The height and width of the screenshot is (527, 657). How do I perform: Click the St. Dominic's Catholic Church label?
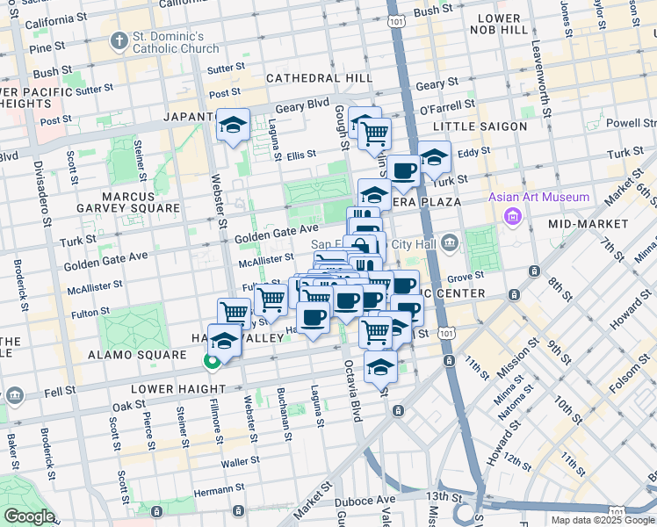180,42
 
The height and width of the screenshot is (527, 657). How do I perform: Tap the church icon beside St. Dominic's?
119,41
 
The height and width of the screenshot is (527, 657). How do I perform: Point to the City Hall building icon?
450,242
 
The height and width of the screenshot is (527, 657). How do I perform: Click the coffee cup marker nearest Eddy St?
404,170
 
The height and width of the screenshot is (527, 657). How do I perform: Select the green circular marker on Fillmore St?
212,361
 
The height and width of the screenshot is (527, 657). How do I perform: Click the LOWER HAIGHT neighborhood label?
167,387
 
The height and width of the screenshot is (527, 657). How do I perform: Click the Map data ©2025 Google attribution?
603,520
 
